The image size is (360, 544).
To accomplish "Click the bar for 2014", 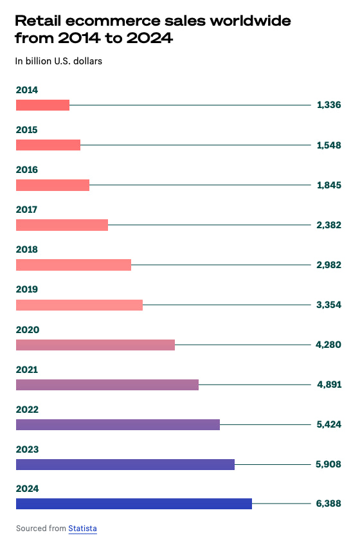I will pos(42,105).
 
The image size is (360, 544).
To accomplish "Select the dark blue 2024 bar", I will pos(134,503).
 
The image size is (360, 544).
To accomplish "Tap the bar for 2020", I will pos(95,345).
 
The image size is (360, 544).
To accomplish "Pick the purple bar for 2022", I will pos(118,424).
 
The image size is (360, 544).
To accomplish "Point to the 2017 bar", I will pos(62,225).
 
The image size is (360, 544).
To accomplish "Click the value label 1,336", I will pos(328,105).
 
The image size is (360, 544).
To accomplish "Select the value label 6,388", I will pos(328,503).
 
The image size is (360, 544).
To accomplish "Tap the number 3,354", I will pos(328,305).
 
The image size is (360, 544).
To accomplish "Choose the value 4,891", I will pos(328,385).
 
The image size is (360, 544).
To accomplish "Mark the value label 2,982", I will pos(328,265).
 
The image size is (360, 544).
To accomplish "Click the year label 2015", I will pos(26,130).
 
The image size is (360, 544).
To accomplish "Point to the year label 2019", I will pos(26,289).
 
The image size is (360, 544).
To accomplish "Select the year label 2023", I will pos(27,449).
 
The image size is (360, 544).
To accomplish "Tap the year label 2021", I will pos(26,369).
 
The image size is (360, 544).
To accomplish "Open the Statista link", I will pos(82,529).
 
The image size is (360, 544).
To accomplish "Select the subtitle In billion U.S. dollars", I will pos(59,62).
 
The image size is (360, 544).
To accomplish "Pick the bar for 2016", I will pos(52,185).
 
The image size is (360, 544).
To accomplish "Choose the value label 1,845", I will pos(328,185).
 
